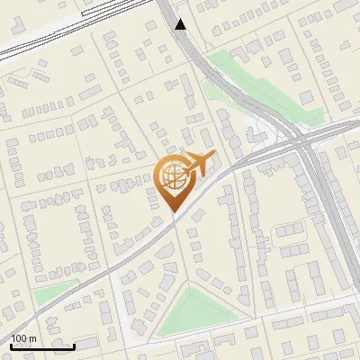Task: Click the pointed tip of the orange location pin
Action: (174, 211)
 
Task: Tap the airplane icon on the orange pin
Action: (201, 163)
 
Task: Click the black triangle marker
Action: (181, 24)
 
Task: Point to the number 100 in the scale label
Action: (20, 338)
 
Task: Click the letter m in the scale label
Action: (33, 338)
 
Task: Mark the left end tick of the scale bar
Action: (11, 344)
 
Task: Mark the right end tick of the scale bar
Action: (75, 344)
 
